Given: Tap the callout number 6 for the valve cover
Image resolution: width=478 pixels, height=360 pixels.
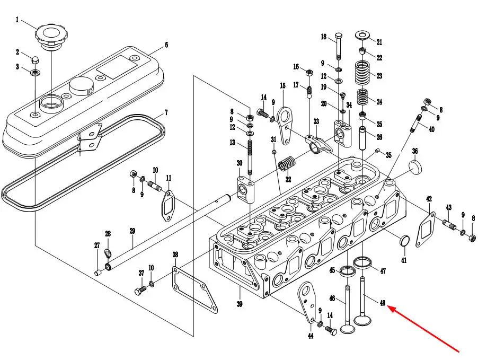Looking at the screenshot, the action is (x=166, y=45).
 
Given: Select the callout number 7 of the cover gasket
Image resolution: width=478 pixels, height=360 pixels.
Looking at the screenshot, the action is (x=166, y=112).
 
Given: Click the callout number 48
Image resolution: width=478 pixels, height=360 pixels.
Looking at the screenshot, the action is (x=383, y=303).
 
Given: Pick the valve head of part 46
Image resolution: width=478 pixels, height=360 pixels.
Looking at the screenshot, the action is (x=347, y=329).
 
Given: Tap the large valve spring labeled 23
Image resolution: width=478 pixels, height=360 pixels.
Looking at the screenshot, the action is (x=364, y=73).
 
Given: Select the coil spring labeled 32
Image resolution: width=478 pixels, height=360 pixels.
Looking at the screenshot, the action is (x=287, y=164).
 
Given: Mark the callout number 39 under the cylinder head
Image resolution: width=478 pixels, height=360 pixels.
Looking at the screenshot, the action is (x=240, y=304).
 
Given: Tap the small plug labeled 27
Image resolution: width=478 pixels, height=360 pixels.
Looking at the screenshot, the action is (x=98, y=273).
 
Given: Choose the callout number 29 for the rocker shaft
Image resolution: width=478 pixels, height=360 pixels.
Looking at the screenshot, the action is (x=132, y=231).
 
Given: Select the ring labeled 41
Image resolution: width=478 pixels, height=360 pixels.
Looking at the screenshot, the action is (x=404, y=241).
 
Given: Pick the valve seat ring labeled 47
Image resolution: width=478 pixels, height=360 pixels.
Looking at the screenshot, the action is (x=362, y=262).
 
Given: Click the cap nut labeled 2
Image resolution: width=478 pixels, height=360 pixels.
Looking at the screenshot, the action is (x=35, y=59).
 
